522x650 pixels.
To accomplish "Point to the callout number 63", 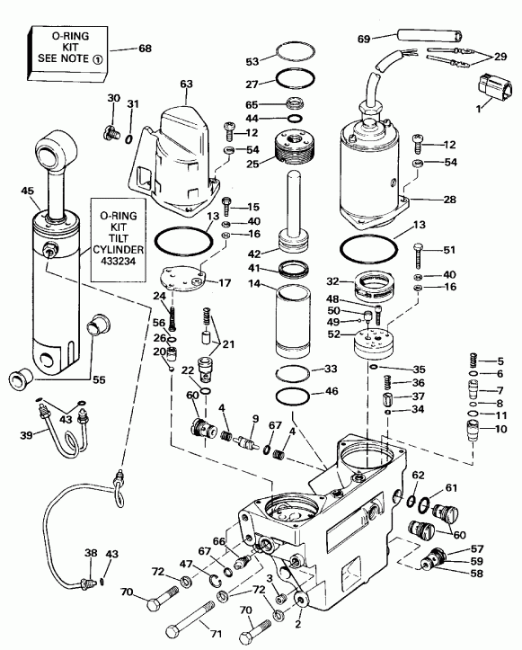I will (x=186, y=83).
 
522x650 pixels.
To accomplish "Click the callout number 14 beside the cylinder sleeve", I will (x=255, y=284).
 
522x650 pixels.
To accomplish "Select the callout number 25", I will (x=253, y=164).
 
